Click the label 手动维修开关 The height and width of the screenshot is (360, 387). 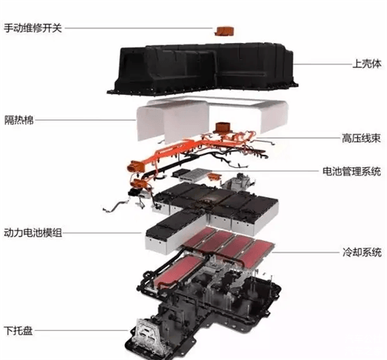click(x=33, y=28)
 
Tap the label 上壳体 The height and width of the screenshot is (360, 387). click(x=367, y=64)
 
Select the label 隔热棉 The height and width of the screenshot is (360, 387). click(x=19, y=120)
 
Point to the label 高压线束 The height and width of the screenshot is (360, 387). click(x=361, y=138)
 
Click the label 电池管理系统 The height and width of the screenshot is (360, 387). click(x=352, y=172)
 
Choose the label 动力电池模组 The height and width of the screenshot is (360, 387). click(x=33, y=233)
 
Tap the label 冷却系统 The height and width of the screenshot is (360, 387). click(x=362, y=252)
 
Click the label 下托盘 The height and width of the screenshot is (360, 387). click(x=18, y=331)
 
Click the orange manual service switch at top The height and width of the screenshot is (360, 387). click(x=223, y=31)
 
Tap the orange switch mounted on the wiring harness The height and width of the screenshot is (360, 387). click(x=223, y=128)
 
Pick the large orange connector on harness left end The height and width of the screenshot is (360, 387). click(x=135, y=166)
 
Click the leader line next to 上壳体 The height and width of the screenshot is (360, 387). click(x=323, y=64)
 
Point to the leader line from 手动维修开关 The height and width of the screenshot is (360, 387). click(x=139, y=28)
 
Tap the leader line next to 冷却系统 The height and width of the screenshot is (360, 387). click(x=305, y=253)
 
